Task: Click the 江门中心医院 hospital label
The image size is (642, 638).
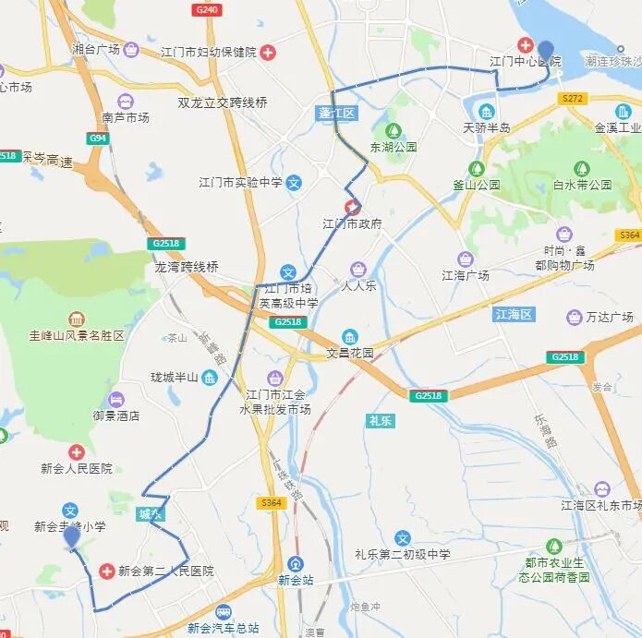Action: click(x=525, y=61)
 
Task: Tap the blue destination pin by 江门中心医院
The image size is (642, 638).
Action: click(x=546, y=52)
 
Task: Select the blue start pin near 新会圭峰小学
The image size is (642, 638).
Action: click(x=71, y=536)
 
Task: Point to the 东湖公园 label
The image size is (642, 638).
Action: click(x=394, y=147)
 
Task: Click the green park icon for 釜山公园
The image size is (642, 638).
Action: click(x=477, y=168)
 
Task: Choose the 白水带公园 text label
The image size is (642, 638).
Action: click(x=582, y=185)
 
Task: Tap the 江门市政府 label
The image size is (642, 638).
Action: click(x=352, y=224)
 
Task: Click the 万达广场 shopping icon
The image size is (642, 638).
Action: click(x=574, y=318)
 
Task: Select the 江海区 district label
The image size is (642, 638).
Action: click(x=515, y=315)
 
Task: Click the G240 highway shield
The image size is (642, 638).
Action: click(x=208, y=9)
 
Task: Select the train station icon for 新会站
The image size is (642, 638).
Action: click(x=296, y=563)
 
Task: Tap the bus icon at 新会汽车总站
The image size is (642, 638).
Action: click(x=224, y=612)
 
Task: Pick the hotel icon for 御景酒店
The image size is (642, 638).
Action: click(x=115, y=400)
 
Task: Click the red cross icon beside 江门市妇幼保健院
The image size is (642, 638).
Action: click(x=268, y=52)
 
